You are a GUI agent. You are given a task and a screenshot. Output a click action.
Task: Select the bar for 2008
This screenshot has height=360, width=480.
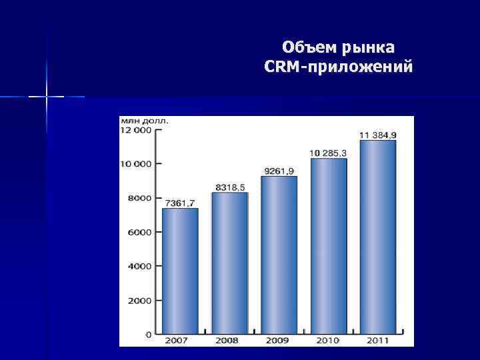(229, 263)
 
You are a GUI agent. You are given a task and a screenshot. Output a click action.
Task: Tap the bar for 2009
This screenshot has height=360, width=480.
(279, 255)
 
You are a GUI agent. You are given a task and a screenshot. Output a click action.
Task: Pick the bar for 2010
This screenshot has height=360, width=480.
(329, 246)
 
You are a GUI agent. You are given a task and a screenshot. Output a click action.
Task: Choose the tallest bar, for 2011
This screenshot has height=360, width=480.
(378, 237)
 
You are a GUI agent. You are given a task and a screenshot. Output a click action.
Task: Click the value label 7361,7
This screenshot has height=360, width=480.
(180, 203)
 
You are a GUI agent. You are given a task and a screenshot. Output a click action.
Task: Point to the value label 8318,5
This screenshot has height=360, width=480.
(229, 187)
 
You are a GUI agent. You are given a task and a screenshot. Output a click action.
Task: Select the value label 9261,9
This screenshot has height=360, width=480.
(279, 171)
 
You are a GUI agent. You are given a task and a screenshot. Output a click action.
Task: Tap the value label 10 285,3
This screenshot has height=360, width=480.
(328, 153)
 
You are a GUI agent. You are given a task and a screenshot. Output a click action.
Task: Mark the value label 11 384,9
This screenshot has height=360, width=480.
(378, 135)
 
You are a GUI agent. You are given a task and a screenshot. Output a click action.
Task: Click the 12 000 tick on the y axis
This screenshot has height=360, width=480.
(136, 130)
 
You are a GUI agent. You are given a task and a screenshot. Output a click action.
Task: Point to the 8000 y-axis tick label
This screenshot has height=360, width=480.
(141, 198)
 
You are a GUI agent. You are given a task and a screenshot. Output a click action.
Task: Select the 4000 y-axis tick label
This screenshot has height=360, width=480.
(141, 266)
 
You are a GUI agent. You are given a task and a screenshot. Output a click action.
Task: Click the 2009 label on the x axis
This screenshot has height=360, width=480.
(279, 341)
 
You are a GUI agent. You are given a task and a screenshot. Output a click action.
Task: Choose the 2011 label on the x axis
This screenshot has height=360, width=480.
(378, 341)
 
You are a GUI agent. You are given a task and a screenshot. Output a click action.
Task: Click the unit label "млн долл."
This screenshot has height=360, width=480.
(144, 121)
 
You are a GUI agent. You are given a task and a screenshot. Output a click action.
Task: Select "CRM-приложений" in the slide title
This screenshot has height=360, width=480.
(338, 67)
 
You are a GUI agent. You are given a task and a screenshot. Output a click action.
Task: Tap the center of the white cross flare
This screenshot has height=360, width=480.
(47, 97)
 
